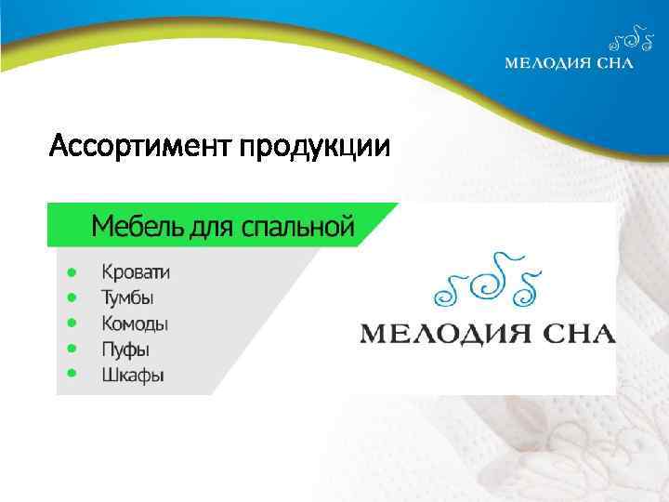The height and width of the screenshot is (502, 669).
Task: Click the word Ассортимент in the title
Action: pyautogui.click(x=140, y=148)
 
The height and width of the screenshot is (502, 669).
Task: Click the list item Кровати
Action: pyautogui.click(x=136, y=272)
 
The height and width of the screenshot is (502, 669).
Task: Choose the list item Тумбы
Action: pyautogui.click(x=128, y=298)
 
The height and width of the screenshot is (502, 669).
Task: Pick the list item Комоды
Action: pyautogui.click(x=135, y=324)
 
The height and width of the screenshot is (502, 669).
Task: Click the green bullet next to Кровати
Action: pyautogui.click(x=71, y=272)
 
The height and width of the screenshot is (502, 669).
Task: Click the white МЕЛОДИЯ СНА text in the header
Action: pyautogui.click(x=569, y=63)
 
